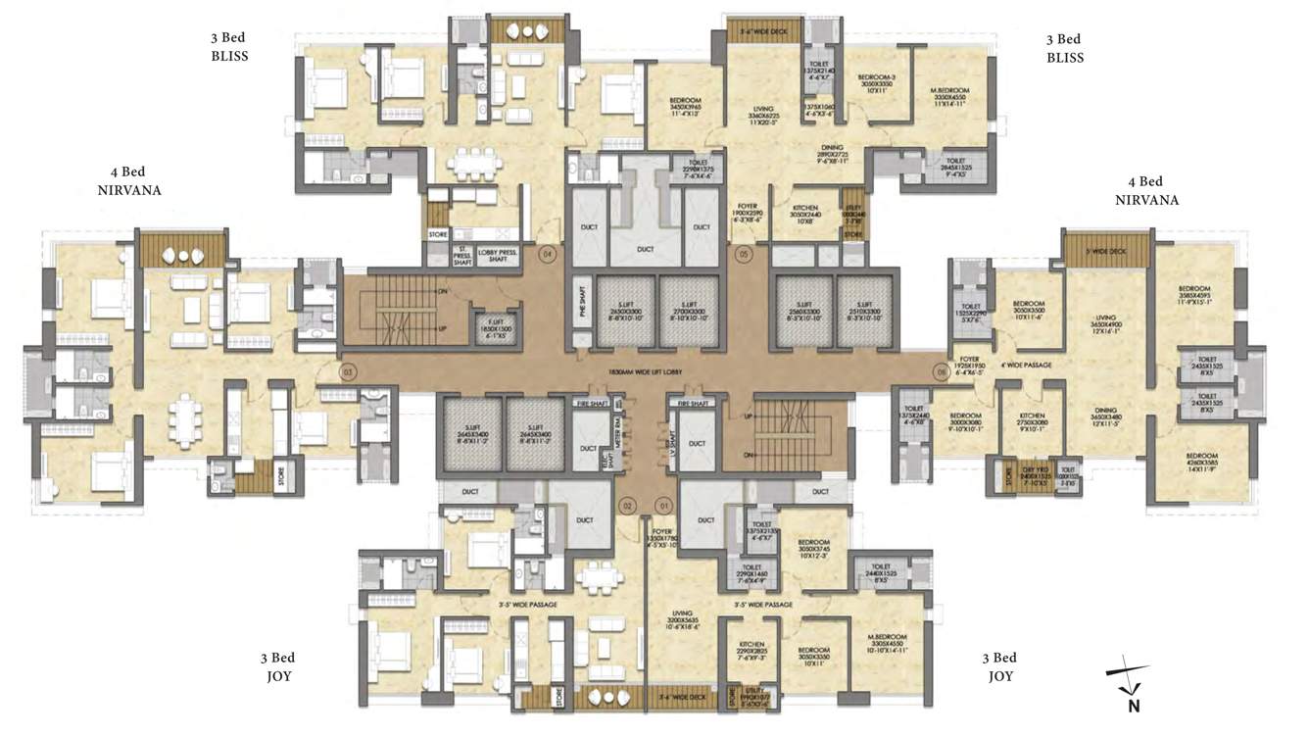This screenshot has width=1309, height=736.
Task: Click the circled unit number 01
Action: pos(665,506)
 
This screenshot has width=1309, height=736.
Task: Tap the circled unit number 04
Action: pos(549,254)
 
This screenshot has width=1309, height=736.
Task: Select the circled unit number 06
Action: pos(943,372)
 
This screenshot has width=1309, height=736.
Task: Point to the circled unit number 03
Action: pos(346,372)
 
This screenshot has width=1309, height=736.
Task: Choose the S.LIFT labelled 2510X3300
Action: pos(863,312)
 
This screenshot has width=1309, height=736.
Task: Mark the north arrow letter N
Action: pos(1133,704)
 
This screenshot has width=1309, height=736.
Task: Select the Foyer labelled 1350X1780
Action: pos(665,538)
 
